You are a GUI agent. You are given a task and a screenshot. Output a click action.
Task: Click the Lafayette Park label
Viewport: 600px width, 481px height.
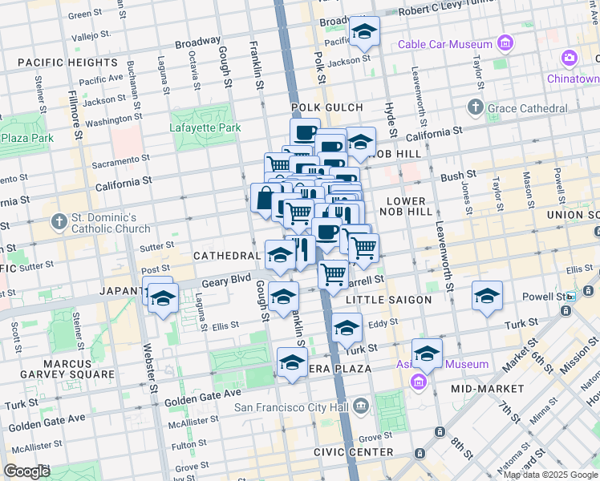(x=205, y=127)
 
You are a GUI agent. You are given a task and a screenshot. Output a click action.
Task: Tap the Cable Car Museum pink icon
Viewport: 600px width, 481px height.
(x=505, y=42)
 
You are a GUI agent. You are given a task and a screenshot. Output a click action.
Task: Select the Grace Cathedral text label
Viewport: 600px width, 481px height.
(x=529, y=107)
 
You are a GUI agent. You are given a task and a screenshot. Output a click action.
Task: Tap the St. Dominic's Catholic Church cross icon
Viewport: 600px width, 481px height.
(x=59, y=220)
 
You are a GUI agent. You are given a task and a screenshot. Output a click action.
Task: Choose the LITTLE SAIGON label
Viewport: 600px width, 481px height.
(x=388, y=300)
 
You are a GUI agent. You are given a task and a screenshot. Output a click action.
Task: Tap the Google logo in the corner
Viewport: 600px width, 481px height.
(x=27, y=471)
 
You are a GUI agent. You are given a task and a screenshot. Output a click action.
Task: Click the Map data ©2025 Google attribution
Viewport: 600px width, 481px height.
(x=550, y=475)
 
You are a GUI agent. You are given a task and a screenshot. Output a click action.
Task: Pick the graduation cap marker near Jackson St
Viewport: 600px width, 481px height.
(x=364, y=33)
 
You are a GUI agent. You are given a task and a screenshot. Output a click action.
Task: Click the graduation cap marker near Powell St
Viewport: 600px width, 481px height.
(x=487, y=297)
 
